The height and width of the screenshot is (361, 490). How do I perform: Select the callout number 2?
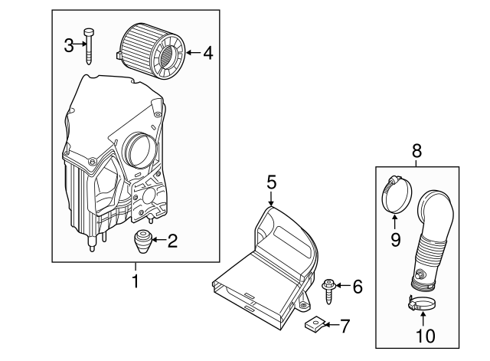[x=172, y=242]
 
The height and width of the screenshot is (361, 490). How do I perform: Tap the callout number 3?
[x=68, y=45]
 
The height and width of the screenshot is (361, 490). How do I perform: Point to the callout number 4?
[x=207, y=53]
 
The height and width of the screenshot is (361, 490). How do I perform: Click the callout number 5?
[x=271, y=182]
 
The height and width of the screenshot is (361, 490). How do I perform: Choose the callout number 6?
[x=357, y=287]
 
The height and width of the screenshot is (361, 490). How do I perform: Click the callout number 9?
[x=396, y=241]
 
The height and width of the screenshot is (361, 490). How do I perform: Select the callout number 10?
[x=424, y=335]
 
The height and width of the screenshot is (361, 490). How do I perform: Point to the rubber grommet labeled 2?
[x=142, y=242]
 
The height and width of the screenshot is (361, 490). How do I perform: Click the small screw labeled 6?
[x=331, y=288]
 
